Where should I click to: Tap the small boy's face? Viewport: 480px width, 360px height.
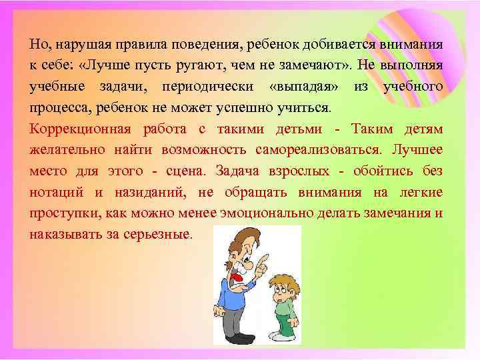coord(279,284)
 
